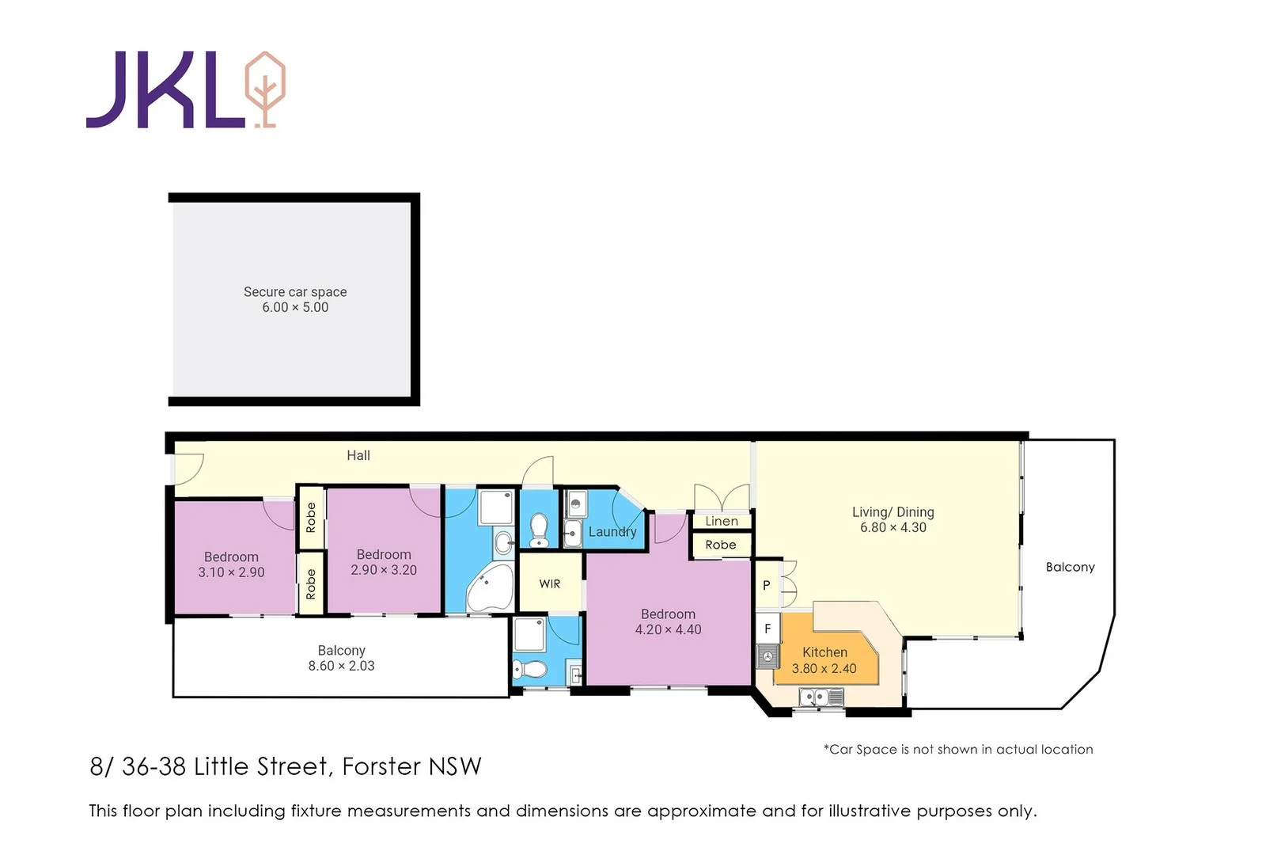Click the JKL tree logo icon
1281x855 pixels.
265,89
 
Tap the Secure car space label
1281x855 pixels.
294,292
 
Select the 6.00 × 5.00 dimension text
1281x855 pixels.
294,308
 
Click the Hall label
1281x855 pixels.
358,455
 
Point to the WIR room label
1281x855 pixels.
549,583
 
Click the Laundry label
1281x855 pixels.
612,532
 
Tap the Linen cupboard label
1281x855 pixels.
721,521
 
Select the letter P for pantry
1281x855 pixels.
766,586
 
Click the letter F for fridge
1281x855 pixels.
767,629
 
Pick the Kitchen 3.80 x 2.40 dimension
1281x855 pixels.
824,669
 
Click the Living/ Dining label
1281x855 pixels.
893,512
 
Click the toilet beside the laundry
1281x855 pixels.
539,530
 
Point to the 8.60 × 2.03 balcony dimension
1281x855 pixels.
341,667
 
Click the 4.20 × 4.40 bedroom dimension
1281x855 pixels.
668,630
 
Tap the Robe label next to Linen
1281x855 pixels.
720,545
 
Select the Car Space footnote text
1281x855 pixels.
958,749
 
